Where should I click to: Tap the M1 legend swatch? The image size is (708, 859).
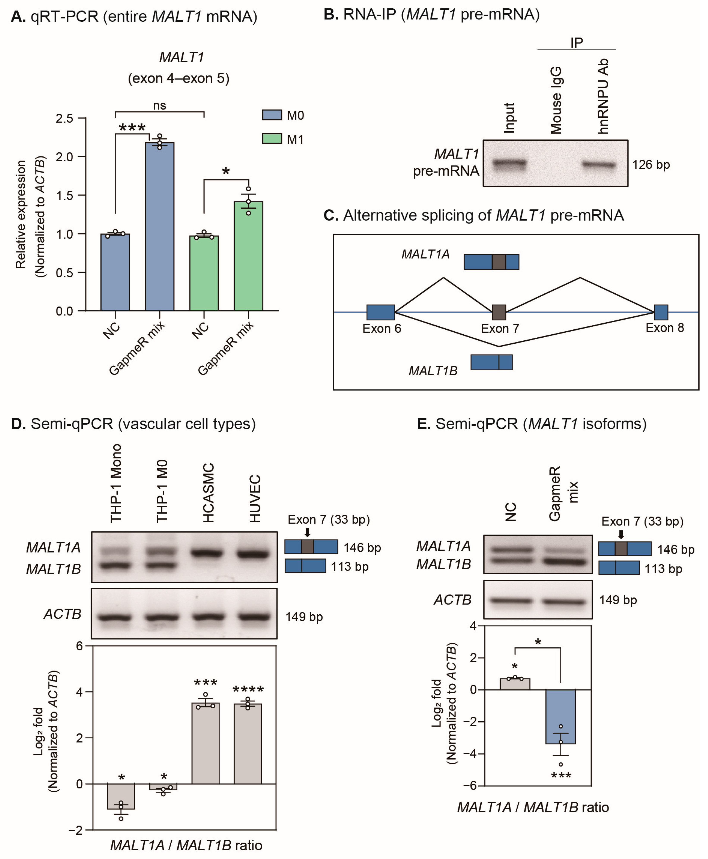click(x=272, y=139)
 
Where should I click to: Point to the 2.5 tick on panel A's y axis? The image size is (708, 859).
click(x=64, y=118)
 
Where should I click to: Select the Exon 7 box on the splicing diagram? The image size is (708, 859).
click(x=499, y=312)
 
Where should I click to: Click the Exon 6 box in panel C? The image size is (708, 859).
click(x=381, y=312)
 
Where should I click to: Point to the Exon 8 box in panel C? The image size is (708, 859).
click(x=661, y=312)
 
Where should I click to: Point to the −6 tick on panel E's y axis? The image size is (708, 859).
click(x=472, y=785)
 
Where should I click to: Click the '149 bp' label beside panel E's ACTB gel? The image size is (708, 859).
click(x=617, y=600)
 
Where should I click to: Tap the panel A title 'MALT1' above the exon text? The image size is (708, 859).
click(x=182, y=57)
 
